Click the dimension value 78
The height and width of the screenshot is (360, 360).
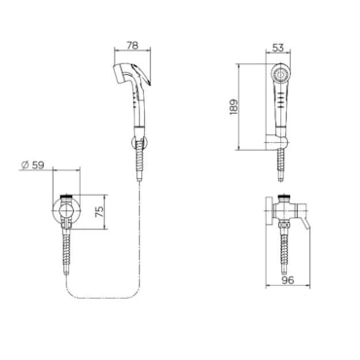coord(132,45)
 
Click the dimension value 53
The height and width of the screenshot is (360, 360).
coord(278,48)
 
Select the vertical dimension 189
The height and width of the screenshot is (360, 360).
coord(234,106)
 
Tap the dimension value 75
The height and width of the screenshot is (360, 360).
coord(101,211)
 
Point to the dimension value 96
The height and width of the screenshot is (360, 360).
coord(288,280)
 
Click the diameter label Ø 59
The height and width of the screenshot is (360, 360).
coord(33,165)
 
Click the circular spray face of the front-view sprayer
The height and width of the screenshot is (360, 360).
coord(280,74)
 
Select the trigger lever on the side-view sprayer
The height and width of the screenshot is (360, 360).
coord(143,74)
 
